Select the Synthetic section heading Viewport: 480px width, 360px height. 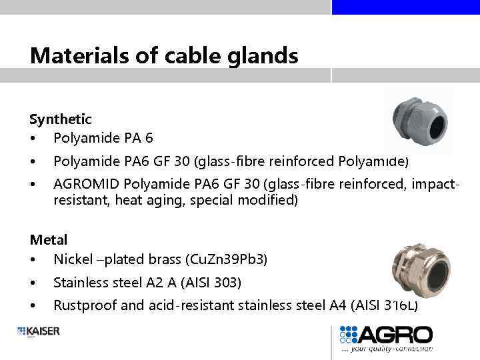pos(61,119)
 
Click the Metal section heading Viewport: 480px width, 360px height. pos(49,239)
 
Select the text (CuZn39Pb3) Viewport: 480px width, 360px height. pos(228,259)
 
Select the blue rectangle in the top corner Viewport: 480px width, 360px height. pos(405,7)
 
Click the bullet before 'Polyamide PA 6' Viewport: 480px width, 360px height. pos(33,139)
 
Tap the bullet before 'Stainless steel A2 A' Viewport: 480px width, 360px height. pos(33,283)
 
